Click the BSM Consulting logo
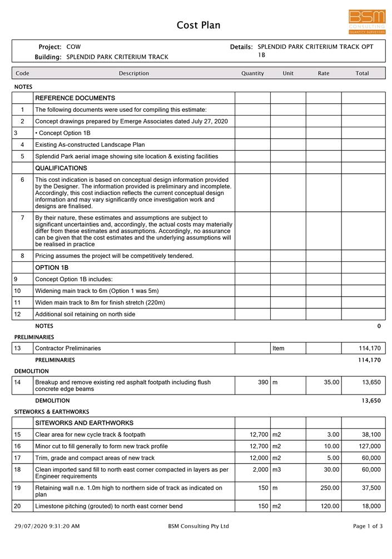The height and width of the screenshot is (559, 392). [367, 21]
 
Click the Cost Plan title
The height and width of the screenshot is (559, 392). [199, 25]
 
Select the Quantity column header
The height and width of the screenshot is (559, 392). [252, 73]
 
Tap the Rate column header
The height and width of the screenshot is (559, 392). [324, 73]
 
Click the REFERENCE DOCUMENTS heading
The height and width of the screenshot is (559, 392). [75, 98]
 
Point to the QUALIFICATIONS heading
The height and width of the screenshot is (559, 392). [61, 168]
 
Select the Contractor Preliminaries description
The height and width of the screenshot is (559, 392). [68, 348]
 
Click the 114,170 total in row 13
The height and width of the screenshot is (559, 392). [370, 348]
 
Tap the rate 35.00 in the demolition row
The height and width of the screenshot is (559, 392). [331, 382]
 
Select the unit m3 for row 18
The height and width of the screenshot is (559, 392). [277, 470]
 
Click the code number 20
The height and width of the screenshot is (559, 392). [17, 506]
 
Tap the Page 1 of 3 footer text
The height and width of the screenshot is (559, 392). [368, 526]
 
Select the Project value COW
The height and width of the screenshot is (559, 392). [73, 47]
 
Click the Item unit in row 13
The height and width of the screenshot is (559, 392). [279, 348]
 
